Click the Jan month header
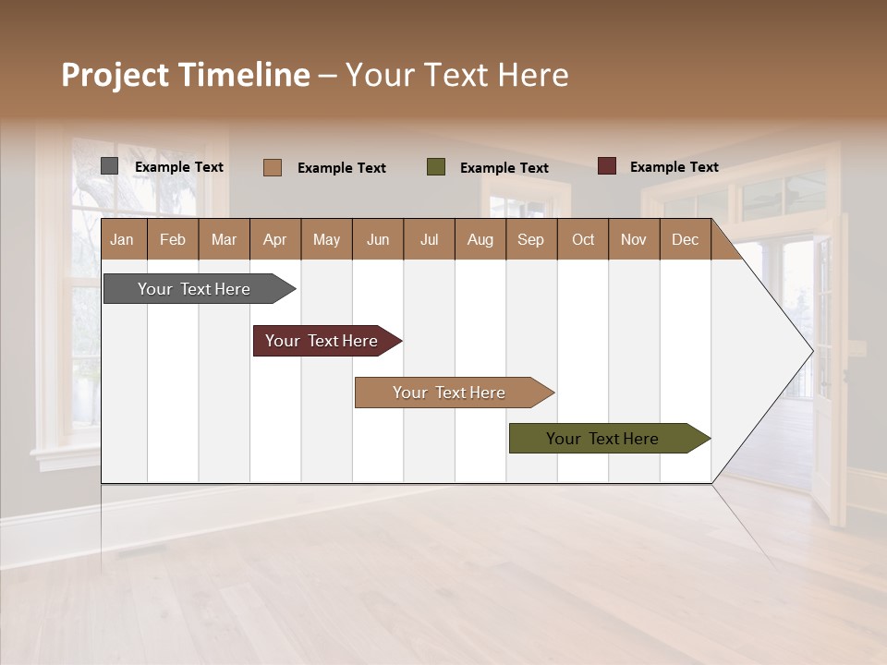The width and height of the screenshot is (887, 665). [x=122, y=239]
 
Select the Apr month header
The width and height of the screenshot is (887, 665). [x=274, y=239]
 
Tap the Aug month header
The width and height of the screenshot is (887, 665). [x=480, y=239]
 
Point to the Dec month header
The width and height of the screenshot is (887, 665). [x=685, y=239]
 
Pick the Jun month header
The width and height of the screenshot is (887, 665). [x=377, y=239]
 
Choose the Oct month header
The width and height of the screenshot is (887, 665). [x=583, y=239]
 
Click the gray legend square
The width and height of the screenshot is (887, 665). [x=109, y=166]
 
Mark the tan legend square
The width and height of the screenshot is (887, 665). [x=272, y=167]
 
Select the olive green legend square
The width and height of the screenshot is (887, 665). [x=436, y=166]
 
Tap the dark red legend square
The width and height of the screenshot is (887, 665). [x=606, y=166]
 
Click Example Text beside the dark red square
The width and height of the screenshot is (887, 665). [x=674, y=167]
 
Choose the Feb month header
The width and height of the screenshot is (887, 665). [x=173, y=239]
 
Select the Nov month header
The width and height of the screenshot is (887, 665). [x=634, y=239]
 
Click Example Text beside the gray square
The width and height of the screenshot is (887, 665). [x=179, y=167]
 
